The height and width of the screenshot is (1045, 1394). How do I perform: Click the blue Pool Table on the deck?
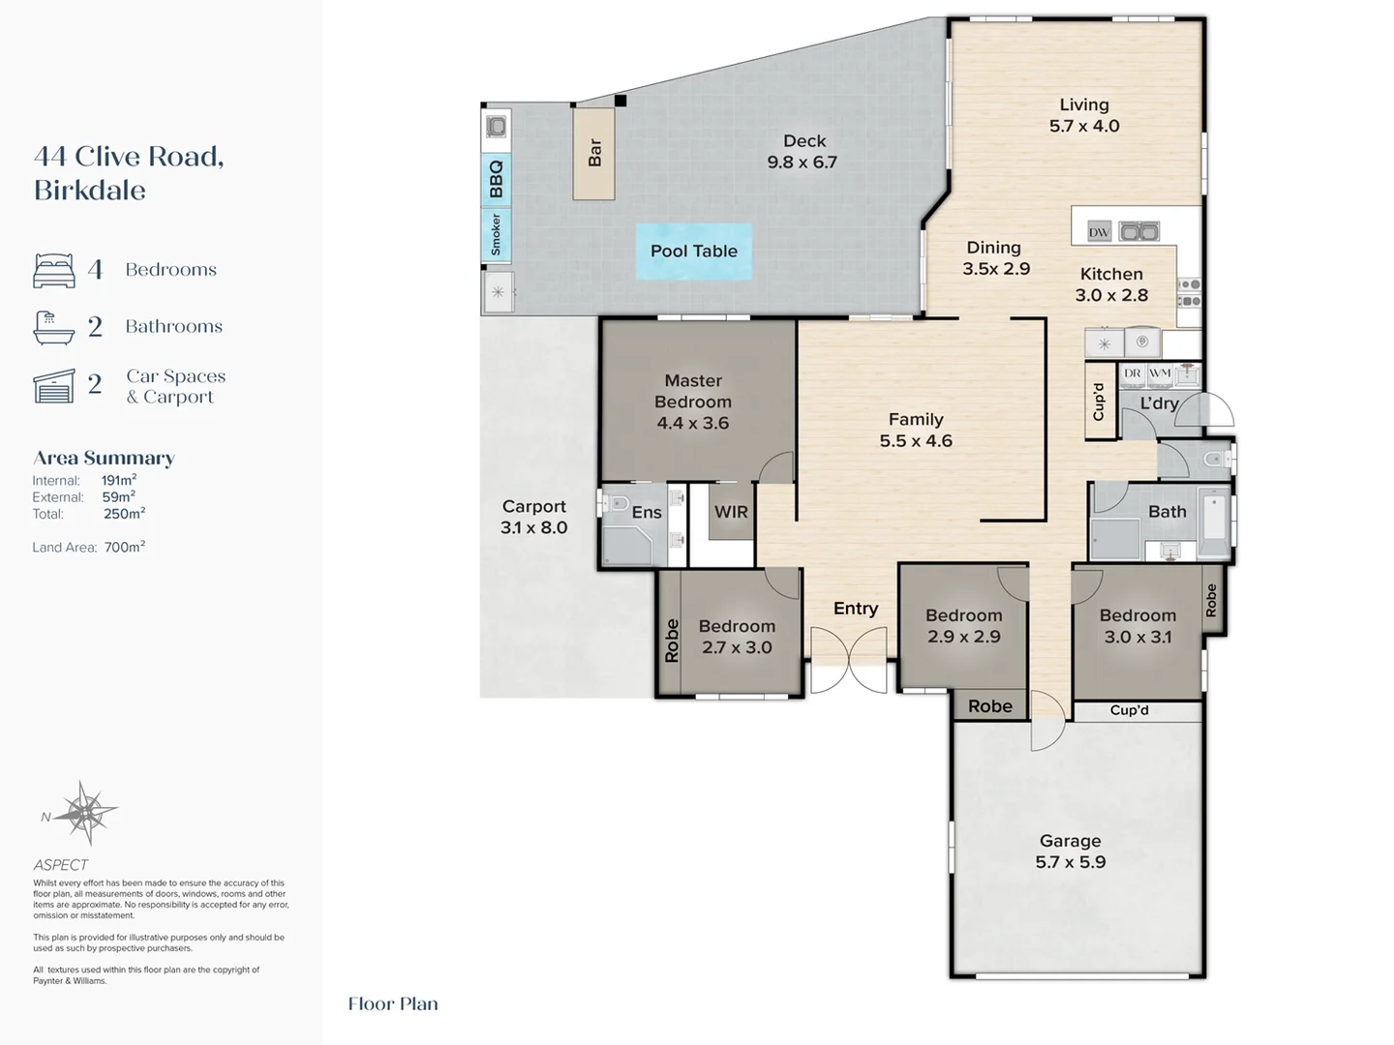(x=694, y=252)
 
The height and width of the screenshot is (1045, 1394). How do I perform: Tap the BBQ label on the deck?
(x=496, y=180)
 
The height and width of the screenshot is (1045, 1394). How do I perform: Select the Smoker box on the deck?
(x=496, y=235)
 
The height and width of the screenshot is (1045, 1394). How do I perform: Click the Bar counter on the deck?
(x=593, y=154)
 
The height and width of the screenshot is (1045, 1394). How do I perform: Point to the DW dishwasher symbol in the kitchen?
(x=1099, y=232)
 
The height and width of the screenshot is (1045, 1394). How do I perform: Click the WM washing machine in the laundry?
(x=1160, y=373)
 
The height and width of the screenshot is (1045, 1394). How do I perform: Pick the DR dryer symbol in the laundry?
(x=1133, y=373)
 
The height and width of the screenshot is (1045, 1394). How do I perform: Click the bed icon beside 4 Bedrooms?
(x=54, y=271)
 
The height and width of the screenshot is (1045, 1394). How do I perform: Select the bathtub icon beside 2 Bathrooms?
(x=54, y=327)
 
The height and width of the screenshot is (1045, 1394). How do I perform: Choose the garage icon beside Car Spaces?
(x=54, y=386)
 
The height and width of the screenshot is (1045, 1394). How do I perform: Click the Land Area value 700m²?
(x=125, y=547)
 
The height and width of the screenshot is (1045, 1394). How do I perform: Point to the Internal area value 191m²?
(x=119, y=480)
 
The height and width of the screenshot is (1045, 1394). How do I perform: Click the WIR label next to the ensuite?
(x=731, y=512)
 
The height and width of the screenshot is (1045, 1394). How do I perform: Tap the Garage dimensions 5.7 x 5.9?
(x=1070, y=862)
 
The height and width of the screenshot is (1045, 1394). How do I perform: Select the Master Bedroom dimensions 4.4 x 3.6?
(x=693, y=423)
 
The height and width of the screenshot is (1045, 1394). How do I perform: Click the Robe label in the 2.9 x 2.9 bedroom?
(x=990, y=706)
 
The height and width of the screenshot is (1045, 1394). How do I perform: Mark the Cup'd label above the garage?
(x=1129, y=710)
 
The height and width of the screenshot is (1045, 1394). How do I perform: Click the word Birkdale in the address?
(x=90, y=191)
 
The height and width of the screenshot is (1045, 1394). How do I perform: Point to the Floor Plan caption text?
(x=393, y=1003)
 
